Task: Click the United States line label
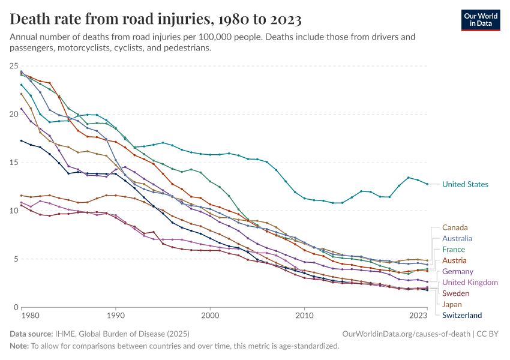tap(465, 184)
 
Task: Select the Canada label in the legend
tap(455, 227)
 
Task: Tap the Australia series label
tap(457, 238)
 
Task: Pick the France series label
tap(454, 249)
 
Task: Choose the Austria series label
tap(454, 260)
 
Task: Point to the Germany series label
tap(458, 271)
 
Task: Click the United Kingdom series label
tap(470, 282)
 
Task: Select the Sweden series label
tap(455, 293)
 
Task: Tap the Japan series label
tap(452, 304)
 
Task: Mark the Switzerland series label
tap(462, 315)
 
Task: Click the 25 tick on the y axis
tap(14, 65)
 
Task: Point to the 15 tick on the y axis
tap(14, 162)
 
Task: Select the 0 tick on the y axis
tap(16, 307)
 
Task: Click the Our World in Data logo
tap(480, 19)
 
